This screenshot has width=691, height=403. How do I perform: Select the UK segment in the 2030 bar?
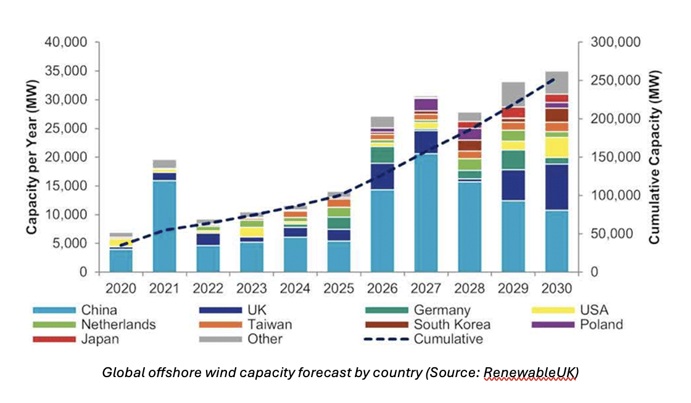[557, 187]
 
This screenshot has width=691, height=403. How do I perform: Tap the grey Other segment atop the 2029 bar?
[513, 94]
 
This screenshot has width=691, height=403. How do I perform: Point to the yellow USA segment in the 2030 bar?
[557, 147]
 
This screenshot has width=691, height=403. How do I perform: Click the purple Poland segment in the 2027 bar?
[426, 104]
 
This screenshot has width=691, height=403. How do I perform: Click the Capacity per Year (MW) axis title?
[31, 157]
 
